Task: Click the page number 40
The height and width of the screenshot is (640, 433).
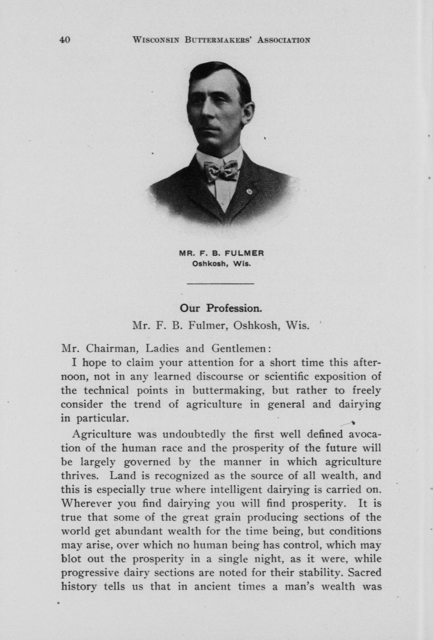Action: pos(65,40)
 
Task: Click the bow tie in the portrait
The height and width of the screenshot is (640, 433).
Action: pos(221,170)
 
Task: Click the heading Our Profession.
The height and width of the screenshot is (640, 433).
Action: pos(221,308)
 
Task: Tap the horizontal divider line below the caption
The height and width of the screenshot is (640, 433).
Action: pos(220,283)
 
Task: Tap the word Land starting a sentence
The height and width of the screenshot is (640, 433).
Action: pos(122,475)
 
